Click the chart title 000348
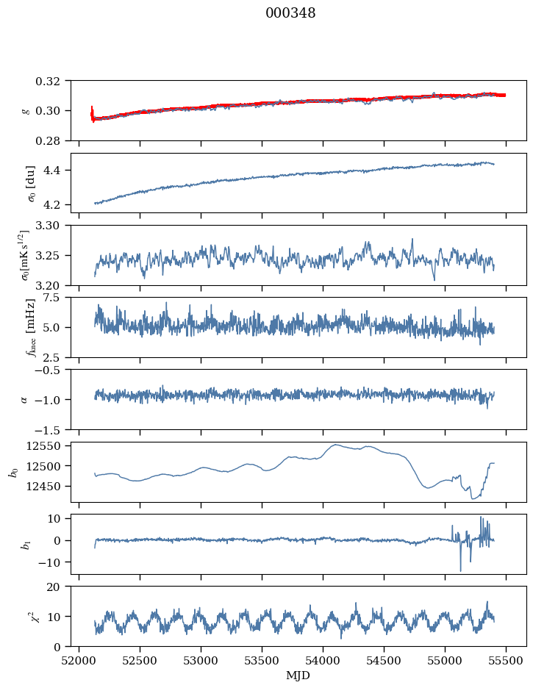[x=290, y=13]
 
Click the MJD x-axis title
[x=298, y=675]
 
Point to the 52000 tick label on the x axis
[x=79, y=660]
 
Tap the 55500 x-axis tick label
[x=506, y=660]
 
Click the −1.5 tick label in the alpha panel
[x=51, y=429]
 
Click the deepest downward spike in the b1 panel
[x=461, y=570]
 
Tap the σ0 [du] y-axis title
[x=26, y=182]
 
